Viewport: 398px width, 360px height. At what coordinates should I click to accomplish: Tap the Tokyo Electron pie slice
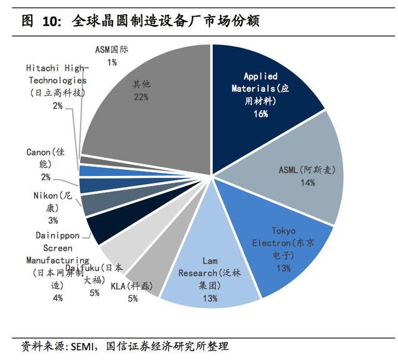tap(280, 249)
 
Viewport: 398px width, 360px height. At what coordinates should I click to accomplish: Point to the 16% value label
tap(260, 114)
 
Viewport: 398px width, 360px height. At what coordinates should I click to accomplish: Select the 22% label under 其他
tap(140, 97)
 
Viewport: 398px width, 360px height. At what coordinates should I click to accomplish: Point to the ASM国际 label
tap(113, 49)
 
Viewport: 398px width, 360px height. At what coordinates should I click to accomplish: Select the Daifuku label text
tap(94, 274)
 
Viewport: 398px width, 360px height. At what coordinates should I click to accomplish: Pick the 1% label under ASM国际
tap(112, 62)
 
